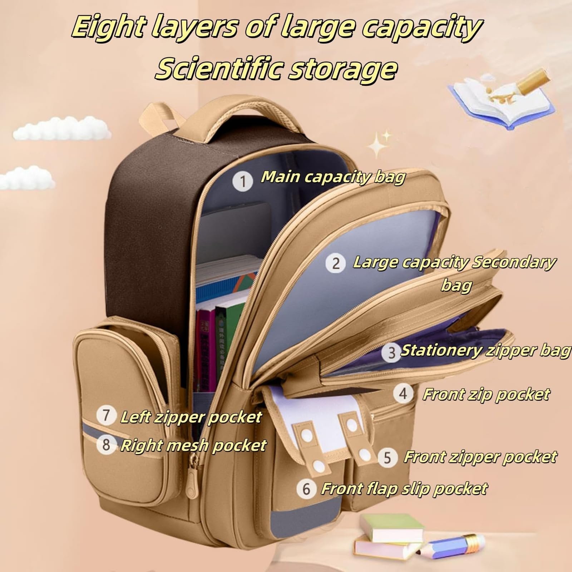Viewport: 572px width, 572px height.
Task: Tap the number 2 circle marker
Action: click(x=336, y=263)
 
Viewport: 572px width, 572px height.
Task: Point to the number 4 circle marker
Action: click(x=403, y=394)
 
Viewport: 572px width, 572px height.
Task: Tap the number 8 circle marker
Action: click(x=106, y=445)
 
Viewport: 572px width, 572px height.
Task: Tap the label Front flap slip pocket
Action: click(x=404, y=488)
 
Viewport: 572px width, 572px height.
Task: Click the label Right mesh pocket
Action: click(x=193, y=445)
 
